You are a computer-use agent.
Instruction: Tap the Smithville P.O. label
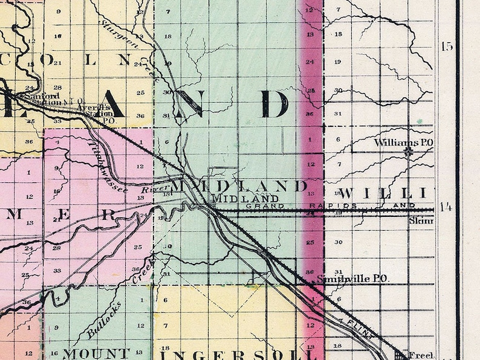pyautogui.click(x=351, y=279)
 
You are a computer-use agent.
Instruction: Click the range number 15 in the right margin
pyautogui.click(x=447, y=47)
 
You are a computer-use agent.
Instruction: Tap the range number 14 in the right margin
pyautogui.click(x=446, y=208)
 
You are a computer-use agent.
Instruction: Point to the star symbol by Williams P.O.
pyautogui.click(x=409, y=152)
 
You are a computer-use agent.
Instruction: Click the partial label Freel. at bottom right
pyautogui.click(x=421, y=354)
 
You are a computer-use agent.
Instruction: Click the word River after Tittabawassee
pyautogui.click(x=153, y=189)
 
